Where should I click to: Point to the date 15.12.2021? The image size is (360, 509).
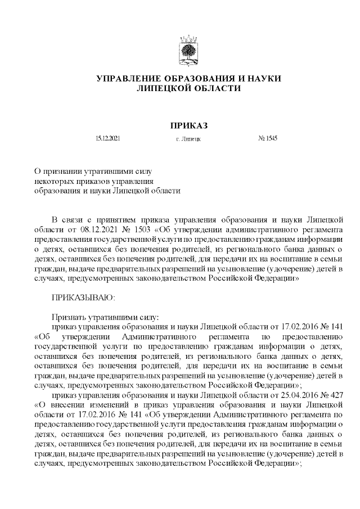tap(107, 138)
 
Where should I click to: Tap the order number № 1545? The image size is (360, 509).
tap(268, 138)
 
